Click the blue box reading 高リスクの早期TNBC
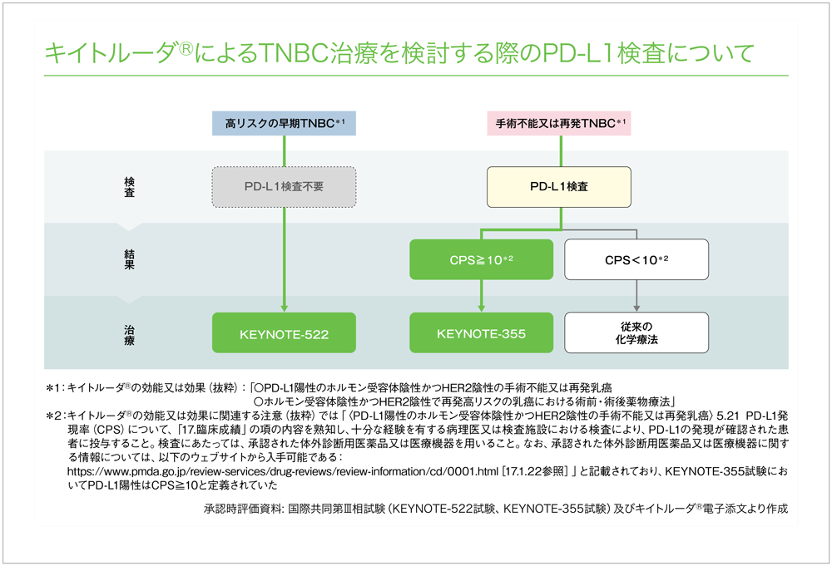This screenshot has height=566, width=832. (285, 123)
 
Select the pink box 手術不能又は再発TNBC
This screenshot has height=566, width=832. (560, 123)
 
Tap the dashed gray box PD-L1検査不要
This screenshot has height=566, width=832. (285, 187)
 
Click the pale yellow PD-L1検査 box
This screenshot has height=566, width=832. (559, 187)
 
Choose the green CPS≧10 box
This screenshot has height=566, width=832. (481, 260)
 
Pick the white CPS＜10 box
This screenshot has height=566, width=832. (636, 260)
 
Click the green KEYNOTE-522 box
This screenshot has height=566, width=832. (285, 335)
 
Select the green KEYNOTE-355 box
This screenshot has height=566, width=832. (481, 334)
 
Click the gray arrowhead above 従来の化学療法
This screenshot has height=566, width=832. (636, 308)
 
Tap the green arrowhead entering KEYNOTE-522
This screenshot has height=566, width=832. (285, 308)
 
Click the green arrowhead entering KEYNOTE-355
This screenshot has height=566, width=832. (481, 308)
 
